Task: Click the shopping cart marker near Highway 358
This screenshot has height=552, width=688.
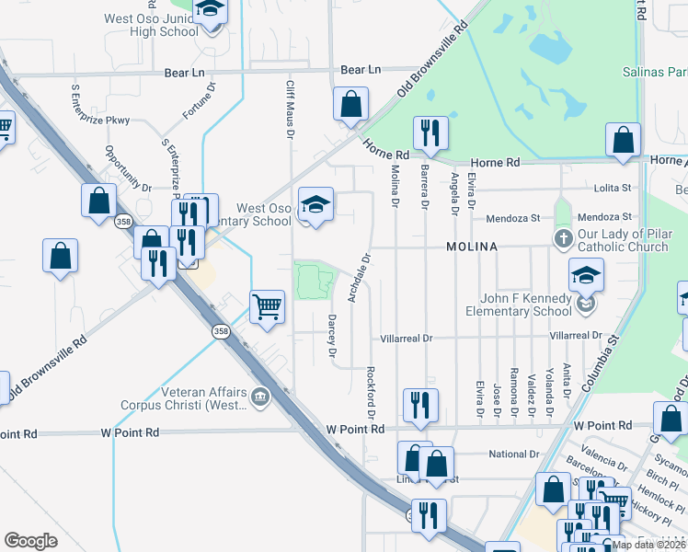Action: click(267, 305)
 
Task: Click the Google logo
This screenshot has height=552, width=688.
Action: click(30, 541)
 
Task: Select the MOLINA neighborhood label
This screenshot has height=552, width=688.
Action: click(472, 247)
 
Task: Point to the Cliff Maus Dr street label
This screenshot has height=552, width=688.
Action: click(290, 109)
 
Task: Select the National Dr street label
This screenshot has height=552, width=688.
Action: click(513, 454)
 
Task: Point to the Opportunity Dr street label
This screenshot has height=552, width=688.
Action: click(128, 167)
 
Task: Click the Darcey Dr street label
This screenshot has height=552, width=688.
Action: click(332, 335)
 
